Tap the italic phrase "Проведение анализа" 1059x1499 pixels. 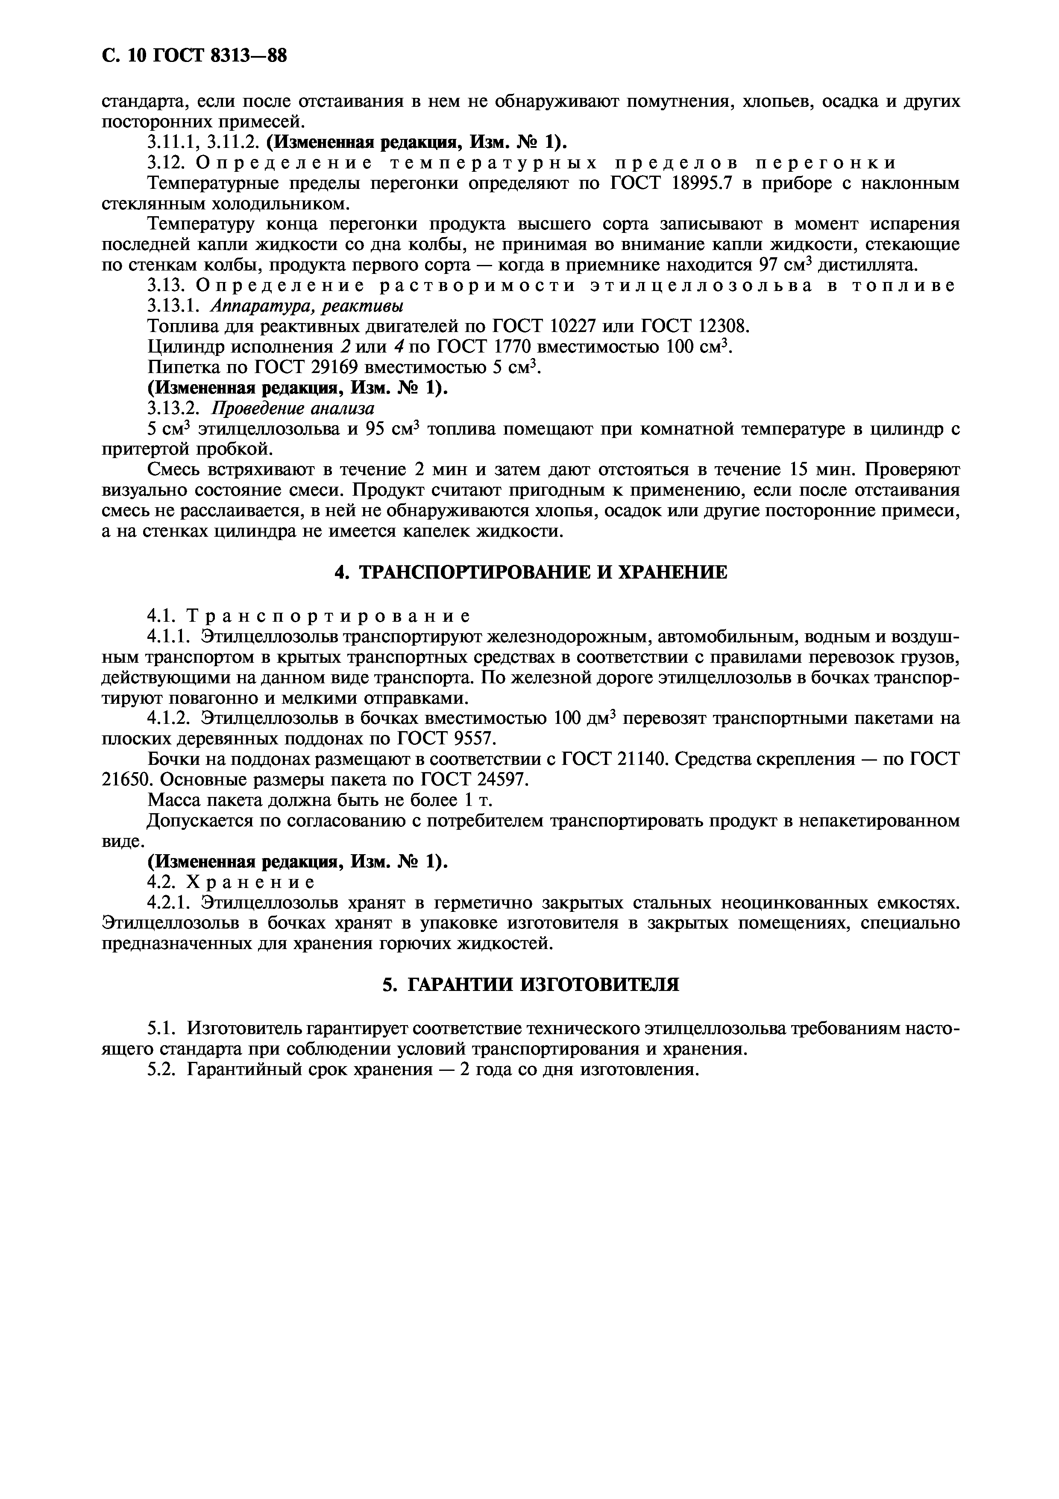point(292,409)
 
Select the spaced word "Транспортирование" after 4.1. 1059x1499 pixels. point(328,616)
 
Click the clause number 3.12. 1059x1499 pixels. point(166,162)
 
